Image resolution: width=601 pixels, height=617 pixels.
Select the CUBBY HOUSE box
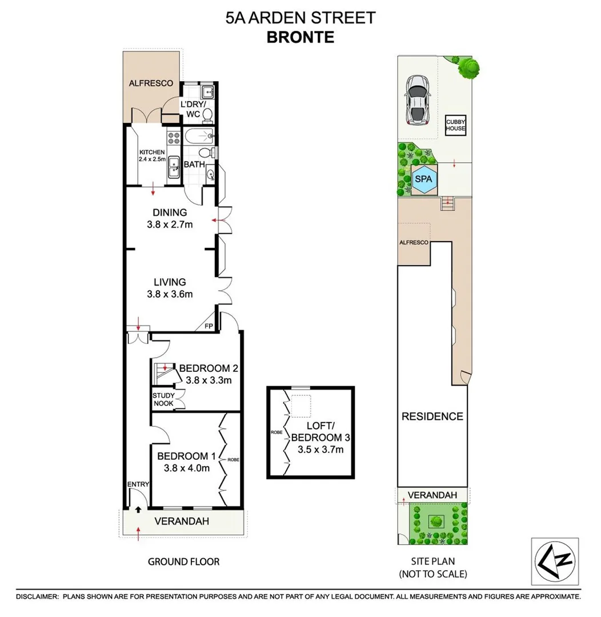click(x=456, y=125)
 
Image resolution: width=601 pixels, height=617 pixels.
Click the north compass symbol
click(x=554, y=560)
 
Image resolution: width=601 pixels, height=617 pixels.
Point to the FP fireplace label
click(x=209, y=326)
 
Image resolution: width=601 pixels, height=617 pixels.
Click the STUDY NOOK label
click(x=163, y=399)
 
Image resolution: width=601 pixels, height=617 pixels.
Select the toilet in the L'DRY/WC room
click(x=207, y=115)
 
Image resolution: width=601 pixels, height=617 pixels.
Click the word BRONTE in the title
click(x=300, y=38)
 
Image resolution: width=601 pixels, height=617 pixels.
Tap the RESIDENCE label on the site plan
click(x=432, y=416)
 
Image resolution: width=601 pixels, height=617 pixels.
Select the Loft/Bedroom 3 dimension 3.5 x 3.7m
click(x=320, y=450)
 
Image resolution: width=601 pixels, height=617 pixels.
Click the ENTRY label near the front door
click(x=138, y=484)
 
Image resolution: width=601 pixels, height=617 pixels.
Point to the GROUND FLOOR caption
click(x=183, y=562)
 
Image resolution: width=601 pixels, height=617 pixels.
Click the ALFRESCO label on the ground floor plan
click(x=151, y=83)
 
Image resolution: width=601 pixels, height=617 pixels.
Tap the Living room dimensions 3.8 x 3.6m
click(x=170, y=295)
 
